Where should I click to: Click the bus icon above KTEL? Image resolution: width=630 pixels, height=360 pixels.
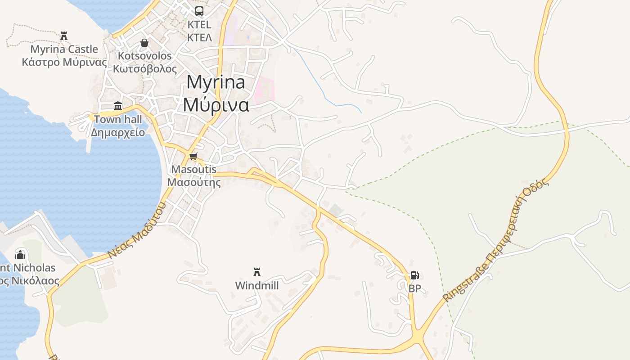coord(199,11)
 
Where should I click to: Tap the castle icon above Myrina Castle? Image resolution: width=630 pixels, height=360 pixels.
coord(64,36)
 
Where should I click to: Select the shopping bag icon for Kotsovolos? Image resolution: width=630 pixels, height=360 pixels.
coord(144,43)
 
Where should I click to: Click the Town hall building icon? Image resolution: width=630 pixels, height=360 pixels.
coord(118,106)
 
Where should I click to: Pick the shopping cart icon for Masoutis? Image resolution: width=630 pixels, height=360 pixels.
coord(193,156)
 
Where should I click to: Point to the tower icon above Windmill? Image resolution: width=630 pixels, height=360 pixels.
coord(257,272)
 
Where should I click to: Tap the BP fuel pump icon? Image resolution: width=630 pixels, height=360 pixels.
coord(414,275)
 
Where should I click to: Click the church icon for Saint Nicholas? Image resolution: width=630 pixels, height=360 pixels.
coord(20,255)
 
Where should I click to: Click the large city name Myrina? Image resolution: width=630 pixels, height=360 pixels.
coord(216,82)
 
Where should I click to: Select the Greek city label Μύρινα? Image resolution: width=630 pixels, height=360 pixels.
coord(216,104)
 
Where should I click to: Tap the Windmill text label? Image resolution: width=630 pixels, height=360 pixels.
coord(257,286)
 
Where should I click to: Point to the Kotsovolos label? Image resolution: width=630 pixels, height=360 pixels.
coord(145,56)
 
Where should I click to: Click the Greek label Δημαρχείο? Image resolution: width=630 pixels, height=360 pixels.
coord(118,132)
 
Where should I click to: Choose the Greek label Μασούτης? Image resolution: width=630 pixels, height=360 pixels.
coord(194,182)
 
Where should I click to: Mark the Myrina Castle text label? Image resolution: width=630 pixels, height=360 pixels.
coord(64,49)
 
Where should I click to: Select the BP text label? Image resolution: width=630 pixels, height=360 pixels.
coord(414,288)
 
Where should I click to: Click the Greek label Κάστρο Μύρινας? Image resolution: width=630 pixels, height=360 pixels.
coord(64,62)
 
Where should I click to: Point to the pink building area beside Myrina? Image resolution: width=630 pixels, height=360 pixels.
coord(264,90)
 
